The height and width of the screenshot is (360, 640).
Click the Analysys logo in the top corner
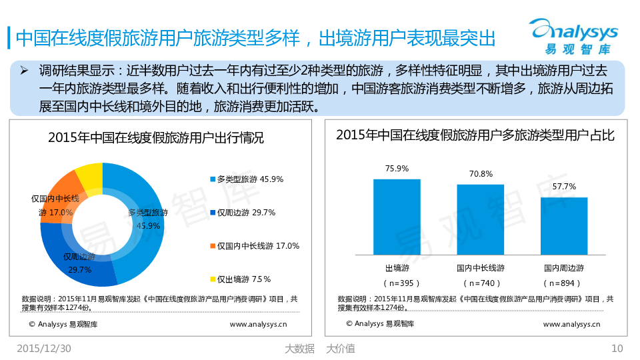tap(573, 37)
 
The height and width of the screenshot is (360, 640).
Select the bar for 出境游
tap(397, 217)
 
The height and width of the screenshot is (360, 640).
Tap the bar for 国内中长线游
tap(480, 219)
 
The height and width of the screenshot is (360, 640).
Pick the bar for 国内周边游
tap(563, 226)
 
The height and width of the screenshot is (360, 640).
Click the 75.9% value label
tap(397, 169)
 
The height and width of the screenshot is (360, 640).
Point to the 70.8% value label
tap(481, 174)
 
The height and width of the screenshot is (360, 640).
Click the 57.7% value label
tap(564, 187)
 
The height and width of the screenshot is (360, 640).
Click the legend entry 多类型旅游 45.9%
tap(247, 179)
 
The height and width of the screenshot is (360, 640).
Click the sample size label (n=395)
tap(397, 283)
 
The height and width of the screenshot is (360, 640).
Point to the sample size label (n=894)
tap(563, 283)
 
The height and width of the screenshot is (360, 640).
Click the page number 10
tap(617, 348)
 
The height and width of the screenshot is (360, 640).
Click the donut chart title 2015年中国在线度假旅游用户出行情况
tap(156, 138)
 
